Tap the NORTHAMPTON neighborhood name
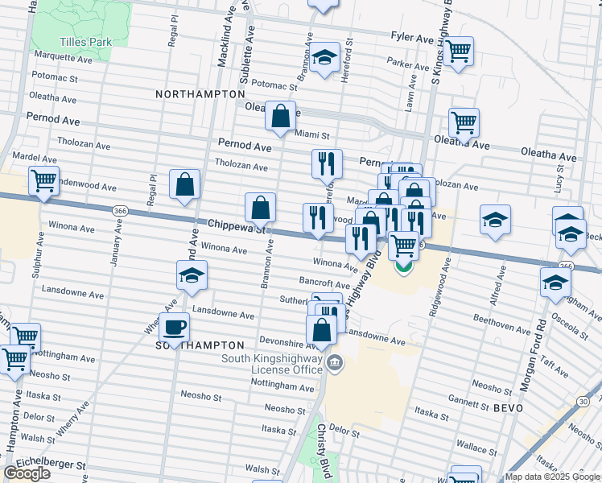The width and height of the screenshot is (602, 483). pyautogui.click(x=200, y=94)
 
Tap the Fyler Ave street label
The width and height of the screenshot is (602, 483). pyautogui.click(x=412, y=38)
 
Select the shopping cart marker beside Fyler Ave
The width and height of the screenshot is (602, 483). pyautogui.click(x=458, y=52)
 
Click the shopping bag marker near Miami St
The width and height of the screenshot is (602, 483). pyautogui.click(x=280, y=117)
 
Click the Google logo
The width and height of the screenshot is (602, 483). pyautogui.click(x=27, y=473)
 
